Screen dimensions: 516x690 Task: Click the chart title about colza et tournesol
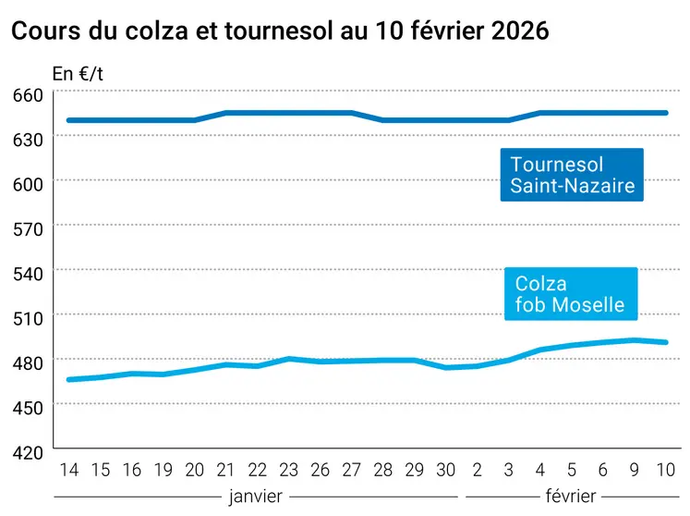(279, 31)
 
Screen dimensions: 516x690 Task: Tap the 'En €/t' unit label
(79, 74)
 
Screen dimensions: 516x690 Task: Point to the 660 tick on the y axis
(29, 95)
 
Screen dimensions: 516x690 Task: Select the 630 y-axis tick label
(29, 139)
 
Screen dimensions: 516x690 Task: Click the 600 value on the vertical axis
(29, 183)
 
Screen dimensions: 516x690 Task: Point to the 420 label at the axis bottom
(29, 452)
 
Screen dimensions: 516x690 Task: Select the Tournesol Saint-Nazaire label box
(572, 175)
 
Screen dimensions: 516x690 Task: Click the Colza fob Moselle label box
(571, 294)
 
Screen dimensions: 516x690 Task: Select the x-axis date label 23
(289, 470)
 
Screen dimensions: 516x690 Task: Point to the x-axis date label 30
(447, 470)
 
